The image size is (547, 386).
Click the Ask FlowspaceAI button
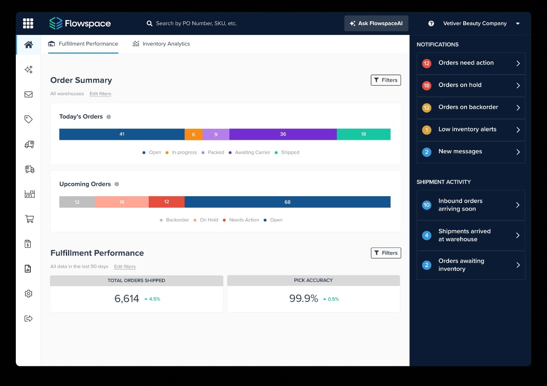[376, 23]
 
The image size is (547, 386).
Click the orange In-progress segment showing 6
[193, 134]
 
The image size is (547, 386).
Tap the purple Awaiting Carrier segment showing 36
[283, 134]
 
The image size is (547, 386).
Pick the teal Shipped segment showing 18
[363, 134]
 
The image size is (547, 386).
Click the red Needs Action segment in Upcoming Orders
[167, 202]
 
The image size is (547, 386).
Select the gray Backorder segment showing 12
[77, 202]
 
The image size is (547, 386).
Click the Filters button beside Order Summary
[385, 80]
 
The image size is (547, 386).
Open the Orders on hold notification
[471, 85]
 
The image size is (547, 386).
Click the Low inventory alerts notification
[471, 130]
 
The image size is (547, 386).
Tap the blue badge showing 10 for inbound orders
[426, 205]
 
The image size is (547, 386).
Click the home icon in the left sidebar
[29, 45]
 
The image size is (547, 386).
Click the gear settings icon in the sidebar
[29, 293]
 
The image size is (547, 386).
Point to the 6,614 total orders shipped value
[126, 299]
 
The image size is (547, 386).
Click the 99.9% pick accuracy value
[303, 299]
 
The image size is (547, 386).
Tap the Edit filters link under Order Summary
[100, 94]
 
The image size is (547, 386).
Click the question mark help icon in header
[431, 23]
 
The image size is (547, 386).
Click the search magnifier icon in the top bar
[150, 23]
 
